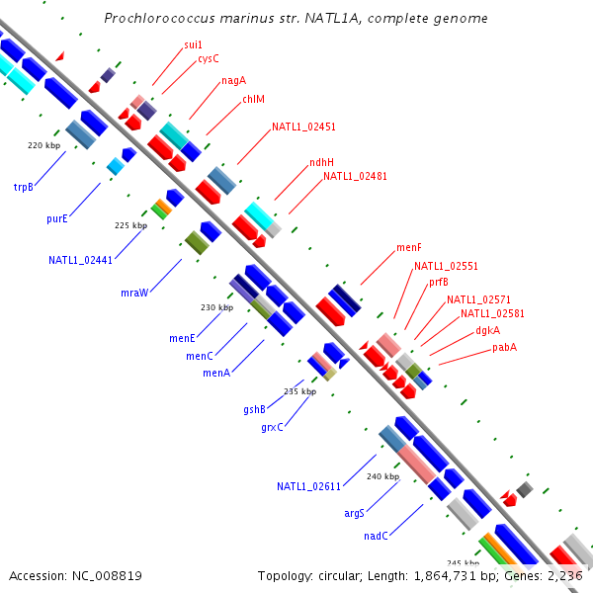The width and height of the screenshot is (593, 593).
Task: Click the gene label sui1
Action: pyautogui.click(x=193, y=45)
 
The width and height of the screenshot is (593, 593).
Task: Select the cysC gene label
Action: pyautogui.click(x=208, y=58)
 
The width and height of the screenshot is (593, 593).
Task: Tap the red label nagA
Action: pyautogui.click(x=233, y=81)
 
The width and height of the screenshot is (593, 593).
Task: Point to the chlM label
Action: pyautogui.click(x=253, y=99)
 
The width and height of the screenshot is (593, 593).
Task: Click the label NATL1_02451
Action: pyautogui.click(x=303, y=127)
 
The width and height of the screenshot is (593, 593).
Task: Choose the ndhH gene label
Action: pyautogui.click(x=321, y=162)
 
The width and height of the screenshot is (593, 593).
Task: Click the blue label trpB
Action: pyautogui.click(x=24, y=186)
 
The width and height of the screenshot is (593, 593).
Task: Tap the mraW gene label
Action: pyautogui.click(x=133, y=293)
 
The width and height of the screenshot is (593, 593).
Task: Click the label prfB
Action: pyautogui.click(x=438, y=282)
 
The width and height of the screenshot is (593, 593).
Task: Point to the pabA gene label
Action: pyautogui.click(x=504, y=347)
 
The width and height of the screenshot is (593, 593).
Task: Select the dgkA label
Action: pyautogui.click(x=487, y=330)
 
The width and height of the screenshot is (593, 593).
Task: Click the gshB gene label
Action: pyautogui.click(x=254, y=409)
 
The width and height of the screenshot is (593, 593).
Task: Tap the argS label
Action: pyautogui.click(x=354, y=513)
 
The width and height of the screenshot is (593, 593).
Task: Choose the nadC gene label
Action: pyautogui.click(x=376, y=536)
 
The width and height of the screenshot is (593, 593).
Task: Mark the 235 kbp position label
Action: pyautogui.click(x=299, y=391)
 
